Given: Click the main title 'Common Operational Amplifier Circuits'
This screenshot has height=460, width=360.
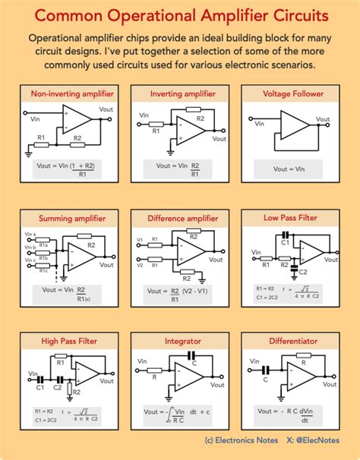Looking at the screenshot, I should (179, 16).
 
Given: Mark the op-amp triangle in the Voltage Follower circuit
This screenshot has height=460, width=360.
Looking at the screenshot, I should (292, 124).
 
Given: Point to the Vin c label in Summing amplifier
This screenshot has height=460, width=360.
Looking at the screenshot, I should (30, 260).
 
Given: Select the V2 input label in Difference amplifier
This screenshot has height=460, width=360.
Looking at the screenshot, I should (140, 266).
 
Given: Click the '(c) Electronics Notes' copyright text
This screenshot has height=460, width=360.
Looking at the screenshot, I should (240, 440).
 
